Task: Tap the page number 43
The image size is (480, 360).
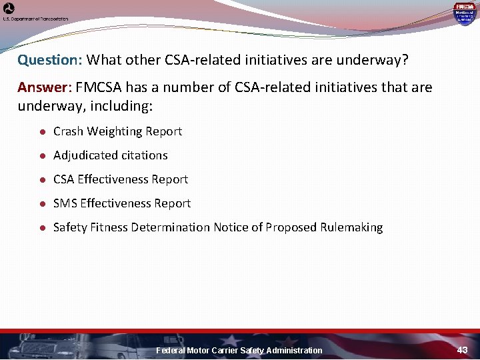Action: click(x=463, y=350)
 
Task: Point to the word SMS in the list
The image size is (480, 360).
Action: click(x=65, y=203)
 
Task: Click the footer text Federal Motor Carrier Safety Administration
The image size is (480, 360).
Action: click(x=239, y=351)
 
